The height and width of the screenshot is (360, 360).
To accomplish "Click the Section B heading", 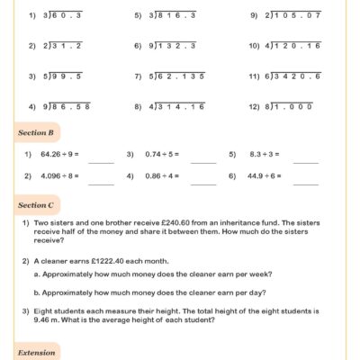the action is [37, 132].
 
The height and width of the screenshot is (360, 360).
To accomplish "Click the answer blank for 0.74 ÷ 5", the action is [203, 160].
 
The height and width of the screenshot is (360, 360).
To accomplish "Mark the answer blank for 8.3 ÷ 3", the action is [306, 160].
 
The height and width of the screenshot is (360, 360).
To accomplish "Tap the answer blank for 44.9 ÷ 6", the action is [306, 182].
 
